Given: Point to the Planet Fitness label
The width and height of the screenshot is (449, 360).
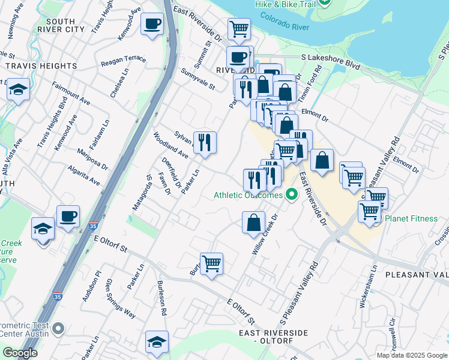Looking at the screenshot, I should [x=411, y=218].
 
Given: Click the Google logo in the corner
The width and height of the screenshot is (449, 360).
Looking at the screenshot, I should [x=20, y=353].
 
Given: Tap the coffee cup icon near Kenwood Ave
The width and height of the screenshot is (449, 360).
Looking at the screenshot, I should [x=152, y=25].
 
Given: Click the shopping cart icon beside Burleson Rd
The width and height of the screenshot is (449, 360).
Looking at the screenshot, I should [x=211, y=263].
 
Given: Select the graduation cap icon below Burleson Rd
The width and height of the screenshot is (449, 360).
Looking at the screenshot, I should [x=157, y=342].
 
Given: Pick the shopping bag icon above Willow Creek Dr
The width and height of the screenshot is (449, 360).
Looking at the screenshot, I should [x=254, y=222].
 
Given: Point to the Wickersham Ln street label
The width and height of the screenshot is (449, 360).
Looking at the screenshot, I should [x=362, y=293].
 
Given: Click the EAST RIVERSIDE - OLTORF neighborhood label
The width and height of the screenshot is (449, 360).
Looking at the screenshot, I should [x=273, y=337].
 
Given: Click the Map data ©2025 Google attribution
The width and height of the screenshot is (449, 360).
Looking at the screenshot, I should [x=411, y=355].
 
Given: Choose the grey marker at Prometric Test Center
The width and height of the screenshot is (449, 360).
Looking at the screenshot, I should [x=58, y=328].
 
